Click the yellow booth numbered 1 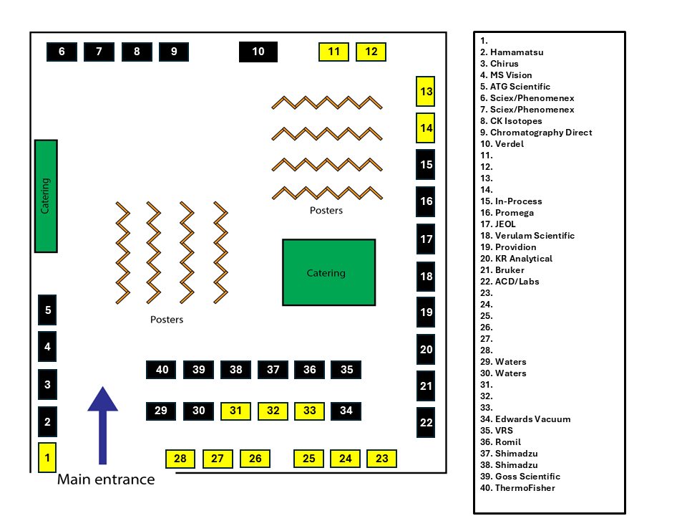(x=47, y=457)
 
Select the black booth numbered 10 (x=258, y=52)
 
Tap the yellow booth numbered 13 (x=425, y=91)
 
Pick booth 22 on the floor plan (x=425, y=423)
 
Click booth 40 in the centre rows (x=161, y=370)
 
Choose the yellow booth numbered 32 (x=273, y=411)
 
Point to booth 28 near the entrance (x=180, y=459)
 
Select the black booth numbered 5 (x=47, y=310)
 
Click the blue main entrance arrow (x=102, y=425)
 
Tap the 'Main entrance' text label (x=106, y=479)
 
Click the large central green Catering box (x=329, y=272)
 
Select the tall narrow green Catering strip (x=46, y=196)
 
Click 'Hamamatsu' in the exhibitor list (x=517, y=52)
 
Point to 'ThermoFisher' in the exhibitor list (x=525, y=488)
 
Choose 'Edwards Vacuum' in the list (x=532, y=419)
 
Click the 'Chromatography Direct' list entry (x=541, y=133)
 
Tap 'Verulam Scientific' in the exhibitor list (x=535, y=236)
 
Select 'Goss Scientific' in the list (x=527, y=477)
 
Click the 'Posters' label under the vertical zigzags (x=167, y=320)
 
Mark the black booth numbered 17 (x=425, y=239)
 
